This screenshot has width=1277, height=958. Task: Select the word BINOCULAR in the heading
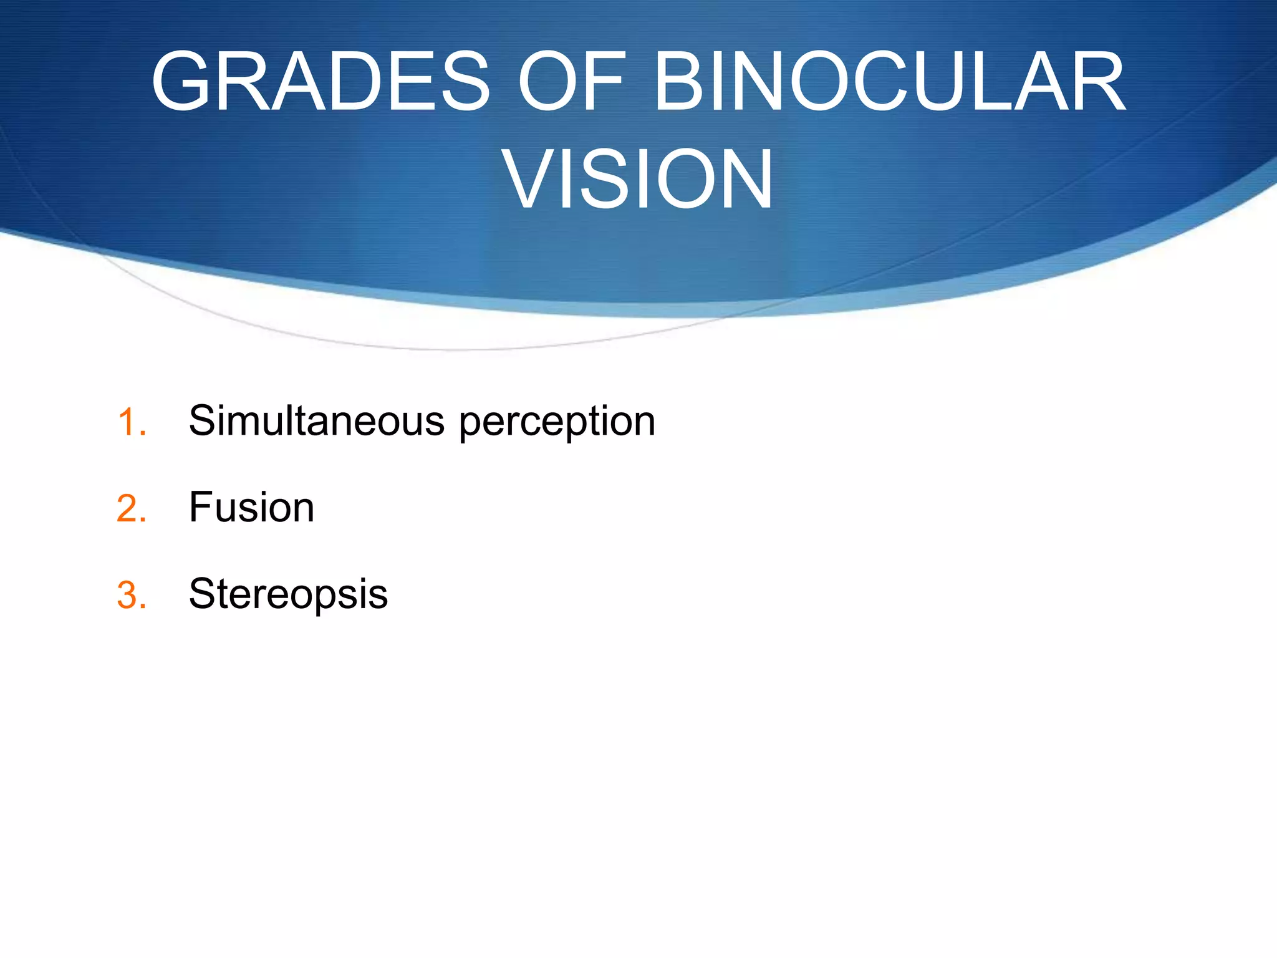pos(889,82)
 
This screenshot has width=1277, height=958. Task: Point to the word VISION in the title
pos(638,179)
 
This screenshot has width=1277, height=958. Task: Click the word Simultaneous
pos(317,420)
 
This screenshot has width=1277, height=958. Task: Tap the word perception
pos(557,423)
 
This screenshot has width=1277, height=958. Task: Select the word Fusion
pos(251,507)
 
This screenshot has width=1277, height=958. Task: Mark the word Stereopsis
pos(288,594)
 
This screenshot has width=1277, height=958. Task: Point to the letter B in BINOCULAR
pos(683,82)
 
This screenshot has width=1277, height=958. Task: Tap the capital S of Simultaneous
pos(203,420)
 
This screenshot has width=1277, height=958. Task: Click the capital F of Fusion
pos(201,507)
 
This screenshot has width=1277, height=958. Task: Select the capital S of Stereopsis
pos(203,594)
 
